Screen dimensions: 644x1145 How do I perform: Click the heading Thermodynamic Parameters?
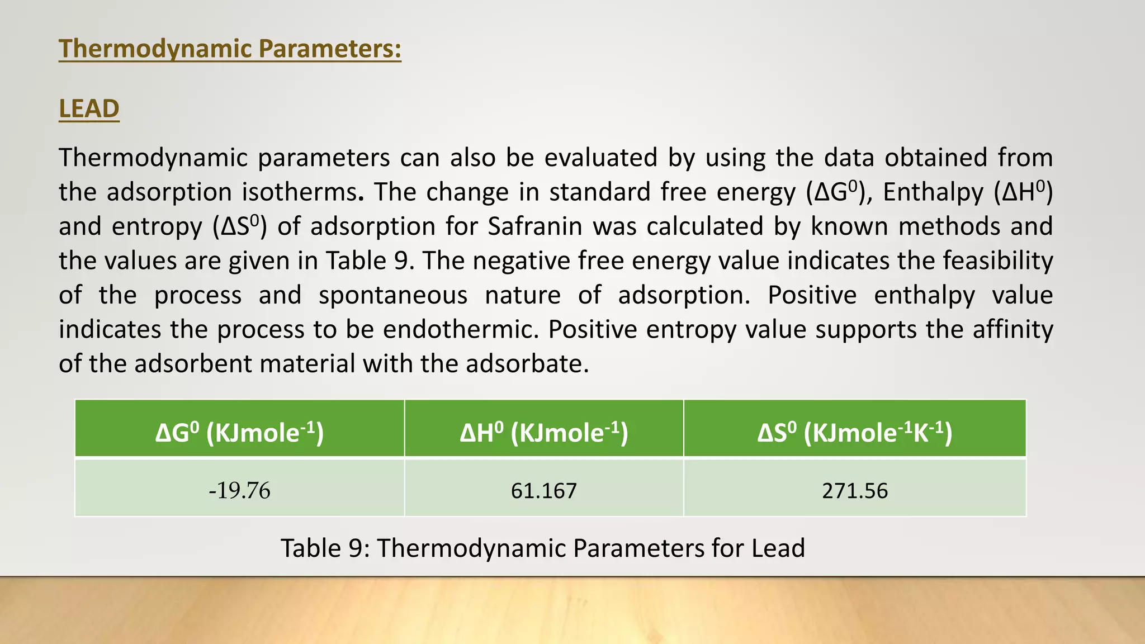[x=230, y=49]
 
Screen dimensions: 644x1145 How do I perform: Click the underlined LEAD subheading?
[x=89, y=108]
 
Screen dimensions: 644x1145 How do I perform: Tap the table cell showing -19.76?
[x=239, y=490]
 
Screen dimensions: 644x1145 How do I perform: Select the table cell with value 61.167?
[x=543, y=490]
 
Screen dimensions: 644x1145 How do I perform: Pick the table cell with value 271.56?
[x=854, y=490]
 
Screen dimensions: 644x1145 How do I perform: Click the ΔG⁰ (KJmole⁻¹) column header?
[x=239, y=432]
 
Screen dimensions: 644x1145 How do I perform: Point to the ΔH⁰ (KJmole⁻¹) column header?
[x=543, y=432]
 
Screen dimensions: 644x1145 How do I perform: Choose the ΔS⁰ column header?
[x=854, y=432]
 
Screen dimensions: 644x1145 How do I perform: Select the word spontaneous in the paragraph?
[x=392, y=295]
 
